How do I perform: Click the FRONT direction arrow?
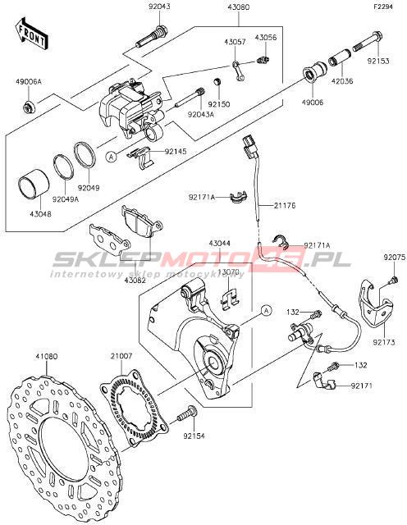coord(32,34)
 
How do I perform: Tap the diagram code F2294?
coord(383,7)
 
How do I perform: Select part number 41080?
coord(47,357)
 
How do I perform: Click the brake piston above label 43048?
coord(33,187)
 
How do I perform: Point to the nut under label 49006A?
coord(28,107)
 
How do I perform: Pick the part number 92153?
coord(377,62)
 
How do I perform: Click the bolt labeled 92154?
coord(187,413)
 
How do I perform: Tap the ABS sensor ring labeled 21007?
coord(134,408)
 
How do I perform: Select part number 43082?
coord(135,281)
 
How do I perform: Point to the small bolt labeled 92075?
coord(394,280)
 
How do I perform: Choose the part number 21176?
coord(285,205)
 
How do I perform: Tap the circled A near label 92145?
coord(112,156)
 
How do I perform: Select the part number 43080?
coord(238,7)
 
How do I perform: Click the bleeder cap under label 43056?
coord(263,60)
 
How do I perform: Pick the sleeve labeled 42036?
coord(341,58)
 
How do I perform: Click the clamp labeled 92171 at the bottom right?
coord(324,381)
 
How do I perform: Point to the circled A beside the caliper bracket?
coord(266,310)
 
